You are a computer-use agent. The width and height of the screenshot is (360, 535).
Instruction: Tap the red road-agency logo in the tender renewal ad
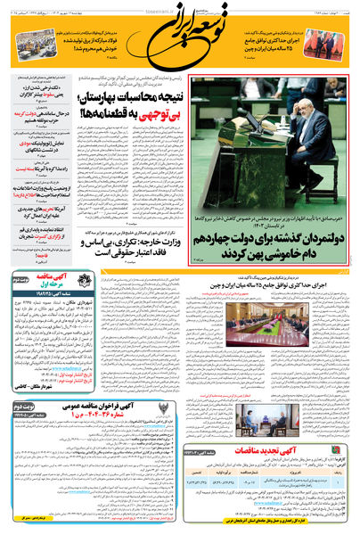click(340, 477)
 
